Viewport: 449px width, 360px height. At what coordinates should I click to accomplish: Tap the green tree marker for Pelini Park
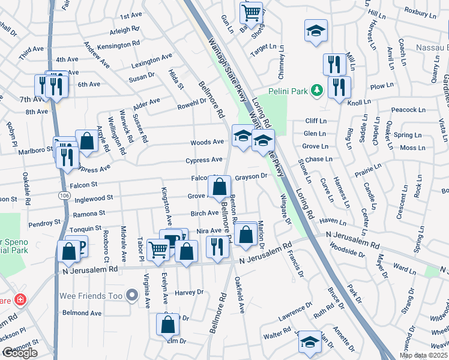pos(316,91)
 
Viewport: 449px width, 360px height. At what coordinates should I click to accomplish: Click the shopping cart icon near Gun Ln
pos(251,12)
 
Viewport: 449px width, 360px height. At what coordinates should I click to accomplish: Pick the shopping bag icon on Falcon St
pos(220,187)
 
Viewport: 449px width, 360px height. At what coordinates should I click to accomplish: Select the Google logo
pos(19,353)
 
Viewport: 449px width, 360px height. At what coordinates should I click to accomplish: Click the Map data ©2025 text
pos(423,355)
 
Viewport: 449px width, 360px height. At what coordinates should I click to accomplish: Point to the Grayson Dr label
pos(251,177)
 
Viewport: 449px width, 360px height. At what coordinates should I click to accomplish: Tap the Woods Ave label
pos(206,142)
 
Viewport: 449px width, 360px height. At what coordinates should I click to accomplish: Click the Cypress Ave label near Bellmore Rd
pos(204,160)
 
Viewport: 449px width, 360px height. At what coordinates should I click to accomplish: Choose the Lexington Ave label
pos(151,61)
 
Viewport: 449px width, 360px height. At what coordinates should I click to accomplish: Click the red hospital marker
pos(20,299)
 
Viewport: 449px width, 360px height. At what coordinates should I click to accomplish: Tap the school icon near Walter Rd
pos(310,343)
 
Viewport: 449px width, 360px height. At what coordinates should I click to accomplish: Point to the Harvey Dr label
pos(189,292)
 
